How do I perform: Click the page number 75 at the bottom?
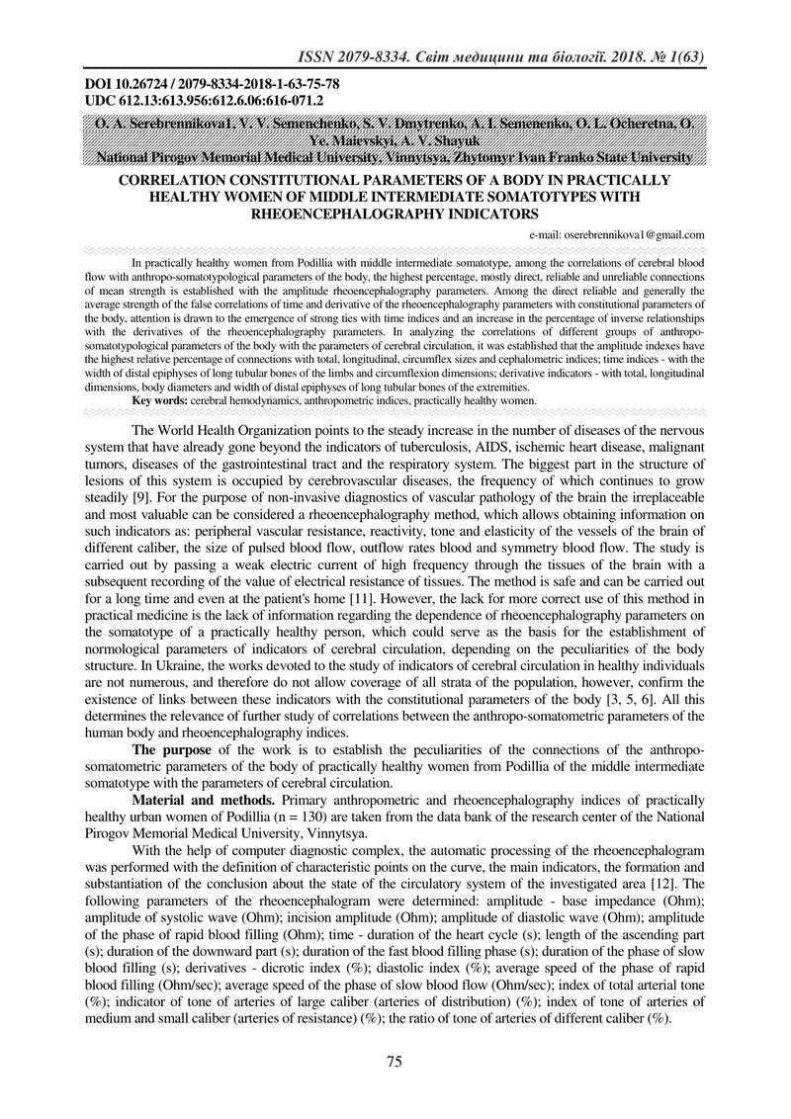(x=394, y=1062)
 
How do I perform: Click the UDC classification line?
(x=205, y=101)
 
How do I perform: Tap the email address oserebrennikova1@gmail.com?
(x=617, y=235)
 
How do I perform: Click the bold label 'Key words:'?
(x=159, y=401)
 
